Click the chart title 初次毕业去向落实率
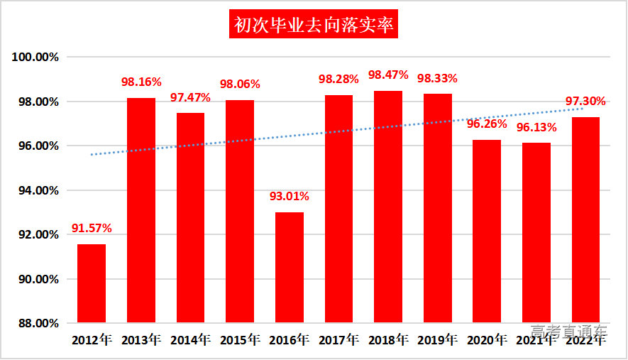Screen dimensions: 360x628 click(x=314, y=26)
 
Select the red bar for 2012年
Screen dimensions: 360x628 click(x=92, y=284)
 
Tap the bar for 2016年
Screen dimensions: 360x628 click(x=289, y=268)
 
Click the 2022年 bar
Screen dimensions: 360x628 click(x=585, y=220)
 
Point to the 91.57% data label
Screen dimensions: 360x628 click(x=92, y=229)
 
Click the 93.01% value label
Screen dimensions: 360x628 click(x=289, y=197)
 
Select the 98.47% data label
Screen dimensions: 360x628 click(x=388, y=75)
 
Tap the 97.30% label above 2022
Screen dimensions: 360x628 click(x=585, y=102)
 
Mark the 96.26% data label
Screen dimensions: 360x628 click(x=487, y=124)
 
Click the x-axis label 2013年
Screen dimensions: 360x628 click(x=141, y=340)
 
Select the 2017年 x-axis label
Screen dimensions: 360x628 click(x=338, y=340)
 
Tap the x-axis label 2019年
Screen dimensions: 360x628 click(x=437, y=340)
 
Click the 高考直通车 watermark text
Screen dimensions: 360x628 click(x=569, y=332)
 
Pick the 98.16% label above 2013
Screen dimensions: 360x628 click(x=141, y=82)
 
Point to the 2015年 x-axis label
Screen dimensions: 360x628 click(x=240, y=340)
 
